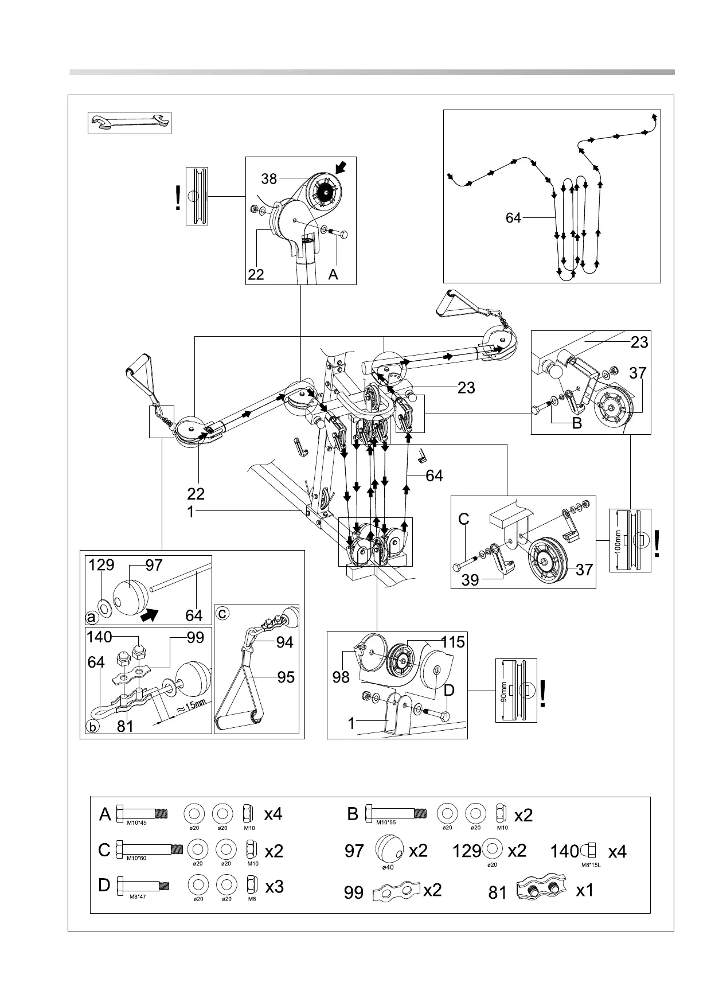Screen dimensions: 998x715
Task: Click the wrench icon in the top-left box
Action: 130,123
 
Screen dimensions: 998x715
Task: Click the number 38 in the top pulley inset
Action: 269,179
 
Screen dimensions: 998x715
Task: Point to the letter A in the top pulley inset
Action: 333,275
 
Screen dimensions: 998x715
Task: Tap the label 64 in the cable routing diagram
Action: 513,218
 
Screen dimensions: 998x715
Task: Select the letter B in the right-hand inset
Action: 577,423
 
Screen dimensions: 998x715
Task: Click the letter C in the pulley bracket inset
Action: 464,520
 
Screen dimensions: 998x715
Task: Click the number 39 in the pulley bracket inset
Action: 470,580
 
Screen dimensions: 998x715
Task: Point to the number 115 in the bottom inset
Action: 453,642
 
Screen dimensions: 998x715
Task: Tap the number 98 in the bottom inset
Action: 341,677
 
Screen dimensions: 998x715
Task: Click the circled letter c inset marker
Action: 222,614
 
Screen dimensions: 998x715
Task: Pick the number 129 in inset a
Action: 101,565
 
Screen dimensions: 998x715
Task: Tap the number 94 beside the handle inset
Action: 284,642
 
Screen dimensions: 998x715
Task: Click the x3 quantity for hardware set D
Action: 275,887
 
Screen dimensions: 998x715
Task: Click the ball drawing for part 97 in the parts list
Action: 388,849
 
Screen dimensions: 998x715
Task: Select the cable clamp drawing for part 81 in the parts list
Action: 541,891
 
